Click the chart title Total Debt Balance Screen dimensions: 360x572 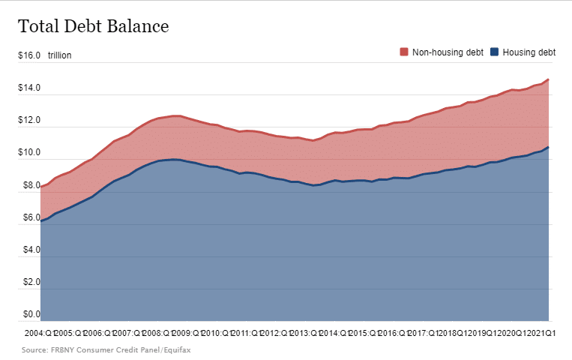click(x=93, y=26)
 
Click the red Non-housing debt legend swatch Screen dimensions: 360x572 click(x=403, y=52)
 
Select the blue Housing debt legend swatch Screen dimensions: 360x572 click(x=494, y=52)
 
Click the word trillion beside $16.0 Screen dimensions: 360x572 click(x=59, y=56)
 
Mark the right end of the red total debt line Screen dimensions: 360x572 click(x=549, y=79)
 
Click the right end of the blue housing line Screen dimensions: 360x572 click(x=549, y=147)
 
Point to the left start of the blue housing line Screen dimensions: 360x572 click(x=41, y=221)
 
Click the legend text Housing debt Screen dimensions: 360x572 click(x=529, y=52)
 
